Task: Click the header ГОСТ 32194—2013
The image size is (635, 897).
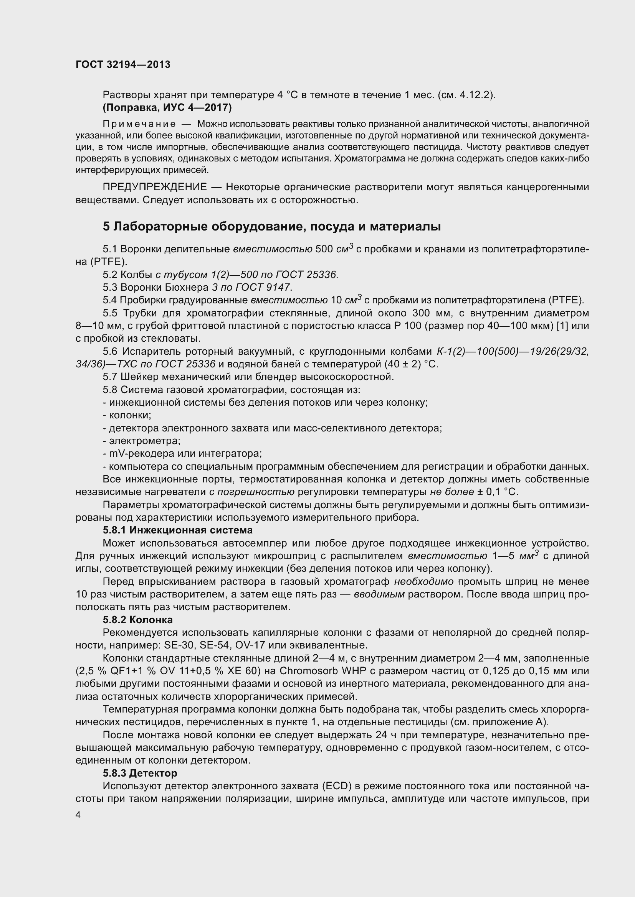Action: (x=123, y=65)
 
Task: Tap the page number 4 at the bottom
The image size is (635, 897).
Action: (x=78, y=815)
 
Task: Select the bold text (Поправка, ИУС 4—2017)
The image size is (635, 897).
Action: (x=167, y=107)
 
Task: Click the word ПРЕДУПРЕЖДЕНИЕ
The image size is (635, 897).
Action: (x=154, y=187)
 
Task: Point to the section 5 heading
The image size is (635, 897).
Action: (x=272, y=227)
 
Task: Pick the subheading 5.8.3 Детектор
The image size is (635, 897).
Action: (x=140, y=773)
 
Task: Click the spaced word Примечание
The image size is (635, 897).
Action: (x=139, y=124)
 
